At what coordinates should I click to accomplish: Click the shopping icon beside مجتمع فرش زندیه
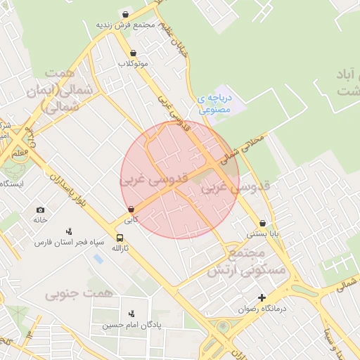pyautogui.click(x=125, y=14)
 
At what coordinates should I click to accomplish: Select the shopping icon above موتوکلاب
pyautogui.click(x=133, y=53)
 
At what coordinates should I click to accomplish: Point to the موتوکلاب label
pyautogui.click(x=133, y=63)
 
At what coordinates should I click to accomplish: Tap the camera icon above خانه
pyautogui.click(x=40, y=210)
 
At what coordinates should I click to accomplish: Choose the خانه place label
pyautogui.click(x=39, y=220)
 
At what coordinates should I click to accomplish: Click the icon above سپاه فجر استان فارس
pyautogui.click(x=70, y=231)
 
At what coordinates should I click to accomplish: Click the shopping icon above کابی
pyautogui.click(x=131, y=209)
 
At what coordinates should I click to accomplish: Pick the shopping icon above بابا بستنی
pyautogui.click(x=262, y=223)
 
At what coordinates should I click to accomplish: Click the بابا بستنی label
pyautogui.click(x=262, y=233)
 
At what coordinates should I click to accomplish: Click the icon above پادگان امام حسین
pyautogui.click(x=131, y=314)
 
